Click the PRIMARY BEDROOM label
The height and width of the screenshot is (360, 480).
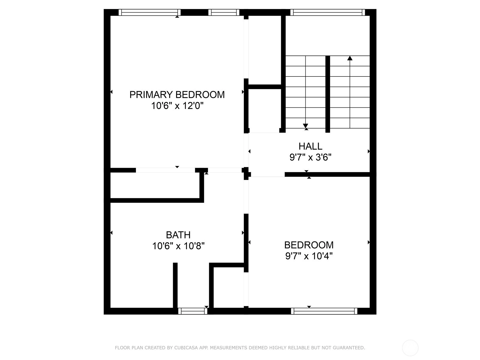click(x=177, y=94)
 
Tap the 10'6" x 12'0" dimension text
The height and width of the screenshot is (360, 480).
click(x=177, y=106)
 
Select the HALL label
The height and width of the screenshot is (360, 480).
click(x=310, y=146)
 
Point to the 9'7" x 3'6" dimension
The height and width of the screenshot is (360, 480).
click(x=310, y=157)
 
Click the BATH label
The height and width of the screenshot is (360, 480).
click(x=178, y=235)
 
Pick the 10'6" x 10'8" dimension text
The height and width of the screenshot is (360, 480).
click(x=178, y=246)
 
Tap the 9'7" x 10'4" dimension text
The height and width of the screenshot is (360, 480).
click(x=309, y=256)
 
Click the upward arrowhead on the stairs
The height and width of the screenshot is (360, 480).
click(x=350, y=58)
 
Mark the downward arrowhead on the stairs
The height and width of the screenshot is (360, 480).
click(x=305, y=126)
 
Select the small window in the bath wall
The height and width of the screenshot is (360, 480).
click(x=193, y=311)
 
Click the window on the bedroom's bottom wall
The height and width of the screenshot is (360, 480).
click(x=324, y=311)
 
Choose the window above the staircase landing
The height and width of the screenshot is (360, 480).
click(x=328, y=12)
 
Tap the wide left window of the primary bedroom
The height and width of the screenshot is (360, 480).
click(x=150, y=12)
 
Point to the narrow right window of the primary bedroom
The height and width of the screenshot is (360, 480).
click(x=224, y=12)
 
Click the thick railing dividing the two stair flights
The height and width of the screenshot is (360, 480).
click(x=328, y=94)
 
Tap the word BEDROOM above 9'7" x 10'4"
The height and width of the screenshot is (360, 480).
click(x=309, y=245)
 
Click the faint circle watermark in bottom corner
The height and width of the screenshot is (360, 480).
click(x=410, y=348)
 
